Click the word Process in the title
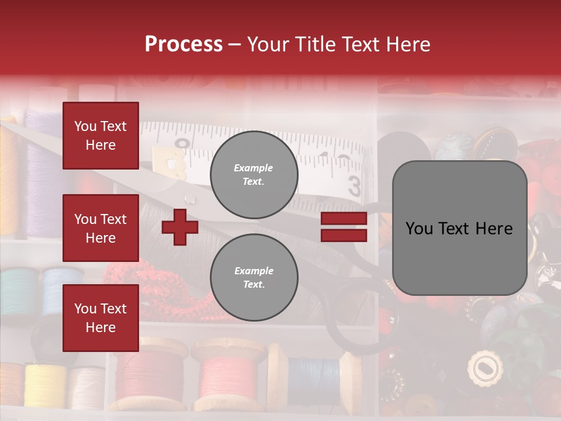click(x=183, y=44)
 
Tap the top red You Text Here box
click(x=101, y=136)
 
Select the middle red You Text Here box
click(x=101, y=228)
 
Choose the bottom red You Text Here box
click(x=101, y=318)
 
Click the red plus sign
click(x=180, y=227)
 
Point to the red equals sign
click(x=344, y=227)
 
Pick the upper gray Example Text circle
click(x=254, y=175)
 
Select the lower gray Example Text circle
click(x=254, y=278)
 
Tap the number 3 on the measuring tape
click(x=355, y=186)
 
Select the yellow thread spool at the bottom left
click(x=44, y=386)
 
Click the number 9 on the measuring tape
click(x=183, y=144)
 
